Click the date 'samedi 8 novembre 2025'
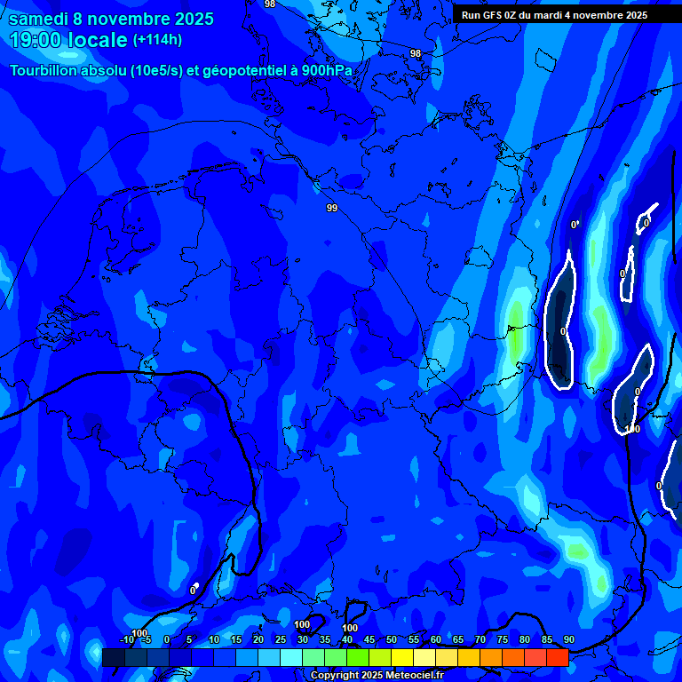111,19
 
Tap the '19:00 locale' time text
68,40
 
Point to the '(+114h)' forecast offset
157,40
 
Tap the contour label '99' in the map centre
332,208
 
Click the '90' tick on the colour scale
568,640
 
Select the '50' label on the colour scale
392,640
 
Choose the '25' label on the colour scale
281,640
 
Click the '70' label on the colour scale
480,640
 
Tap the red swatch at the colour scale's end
557,657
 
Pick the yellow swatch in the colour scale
401,657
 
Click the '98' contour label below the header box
416,54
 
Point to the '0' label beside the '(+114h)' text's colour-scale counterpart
167,640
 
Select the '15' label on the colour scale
236,640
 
